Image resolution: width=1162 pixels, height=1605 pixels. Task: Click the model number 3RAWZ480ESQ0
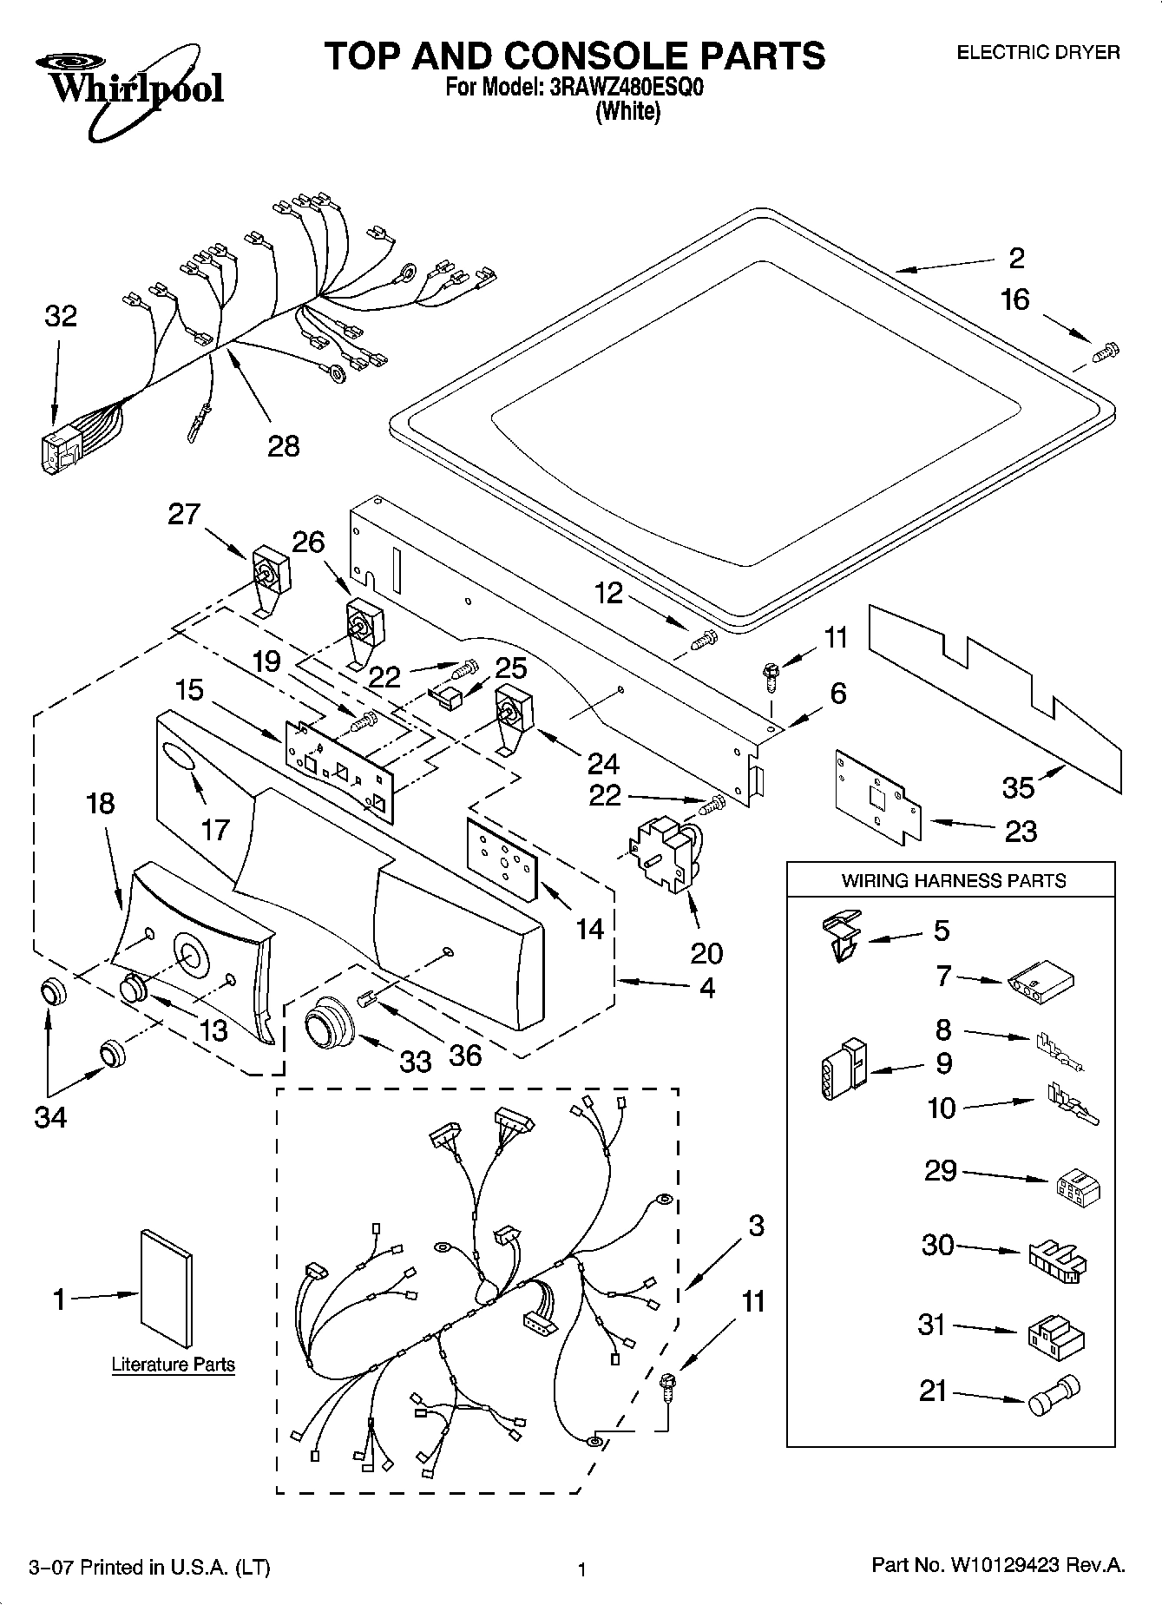pos(624,88)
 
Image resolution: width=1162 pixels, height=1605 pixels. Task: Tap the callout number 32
pos(61,317)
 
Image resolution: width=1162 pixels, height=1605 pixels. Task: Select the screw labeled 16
pos(1105,352)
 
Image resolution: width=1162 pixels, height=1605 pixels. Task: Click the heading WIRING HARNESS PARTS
pos(953,880)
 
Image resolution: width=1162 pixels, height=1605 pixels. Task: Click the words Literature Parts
pos(174,1365)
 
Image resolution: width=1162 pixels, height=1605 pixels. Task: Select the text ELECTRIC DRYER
pos(1038,53)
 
